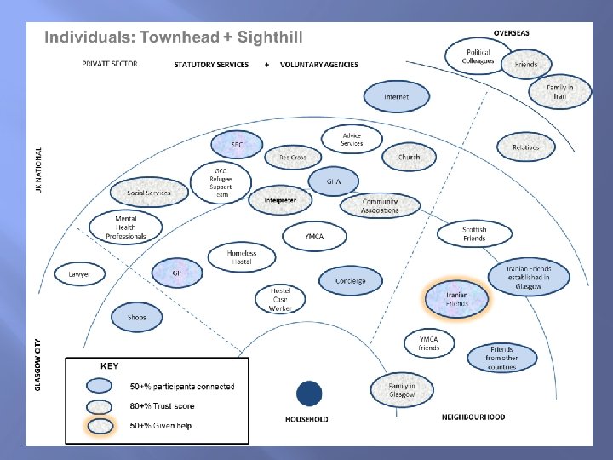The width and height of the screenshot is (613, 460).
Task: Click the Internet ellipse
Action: pos(396,97)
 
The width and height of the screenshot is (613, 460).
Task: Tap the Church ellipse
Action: pos(409,157)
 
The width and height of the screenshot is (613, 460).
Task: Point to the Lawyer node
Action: pos(79,274)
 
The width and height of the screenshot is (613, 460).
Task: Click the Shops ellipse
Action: pos(136,318)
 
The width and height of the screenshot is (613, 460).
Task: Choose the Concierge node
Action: pos(350,280)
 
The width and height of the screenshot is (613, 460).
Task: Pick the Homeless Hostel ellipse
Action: pos(242,256)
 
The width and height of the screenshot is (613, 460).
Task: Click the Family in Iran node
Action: pos(559,92)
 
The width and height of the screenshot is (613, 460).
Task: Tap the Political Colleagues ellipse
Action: pos(478,57)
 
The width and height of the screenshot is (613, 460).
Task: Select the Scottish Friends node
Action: pos(474,233)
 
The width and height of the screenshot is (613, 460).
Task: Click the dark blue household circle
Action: pos(309,394)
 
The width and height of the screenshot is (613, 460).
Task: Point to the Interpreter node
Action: pos(280,200)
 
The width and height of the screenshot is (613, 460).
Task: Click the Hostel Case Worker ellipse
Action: pos(280,298)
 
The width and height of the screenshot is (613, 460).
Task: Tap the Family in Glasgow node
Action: pos(402,389)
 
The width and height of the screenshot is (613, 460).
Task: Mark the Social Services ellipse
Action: pos(148,193)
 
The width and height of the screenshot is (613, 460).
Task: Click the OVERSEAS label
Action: pos(511,32)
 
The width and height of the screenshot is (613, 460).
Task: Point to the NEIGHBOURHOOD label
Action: pos(473,417)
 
